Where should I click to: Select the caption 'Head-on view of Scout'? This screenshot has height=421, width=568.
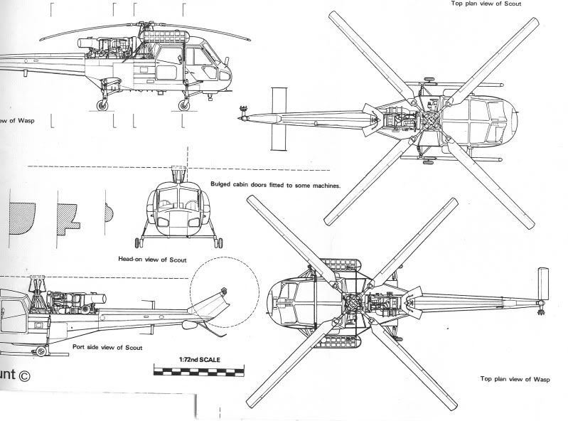[152, 260]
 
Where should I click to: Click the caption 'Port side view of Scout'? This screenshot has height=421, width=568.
[108, 347]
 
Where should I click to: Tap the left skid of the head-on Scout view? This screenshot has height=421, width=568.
[138, 240]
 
